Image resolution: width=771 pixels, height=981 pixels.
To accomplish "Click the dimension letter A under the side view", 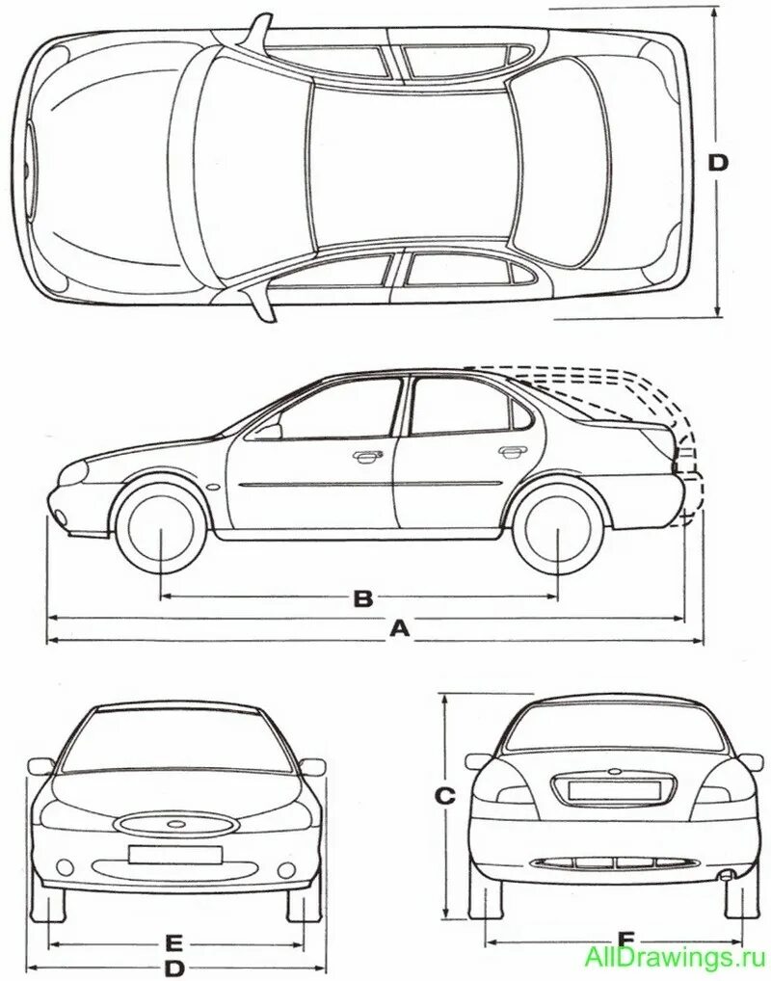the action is point(400,628).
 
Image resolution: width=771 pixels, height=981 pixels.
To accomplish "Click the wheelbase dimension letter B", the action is point(362,598).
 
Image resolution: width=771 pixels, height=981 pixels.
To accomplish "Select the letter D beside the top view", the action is point(718,163).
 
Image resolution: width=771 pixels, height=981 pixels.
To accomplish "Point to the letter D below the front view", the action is point(174,968).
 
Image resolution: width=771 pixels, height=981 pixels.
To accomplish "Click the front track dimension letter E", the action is point(174,941).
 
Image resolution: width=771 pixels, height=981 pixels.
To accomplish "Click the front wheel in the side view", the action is point(161,529).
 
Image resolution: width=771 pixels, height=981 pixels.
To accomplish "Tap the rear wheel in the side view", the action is point(559,529).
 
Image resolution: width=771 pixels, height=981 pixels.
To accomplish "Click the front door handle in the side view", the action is point(365,457).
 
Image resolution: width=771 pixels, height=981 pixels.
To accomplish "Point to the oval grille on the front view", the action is point(175,826).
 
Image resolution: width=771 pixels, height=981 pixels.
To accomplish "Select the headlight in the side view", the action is point(72,471).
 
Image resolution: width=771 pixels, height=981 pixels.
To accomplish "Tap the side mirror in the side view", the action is point(271,431).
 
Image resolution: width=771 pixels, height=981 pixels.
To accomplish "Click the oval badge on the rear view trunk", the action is point(613,772).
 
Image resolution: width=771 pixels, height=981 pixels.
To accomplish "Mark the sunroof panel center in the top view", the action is point(410,162).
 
